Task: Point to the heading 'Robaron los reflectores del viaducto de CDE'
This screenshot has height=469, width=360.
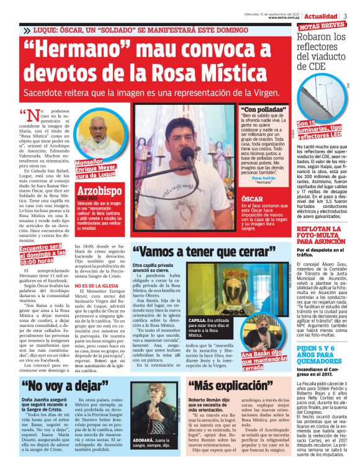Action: (323, 51)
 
